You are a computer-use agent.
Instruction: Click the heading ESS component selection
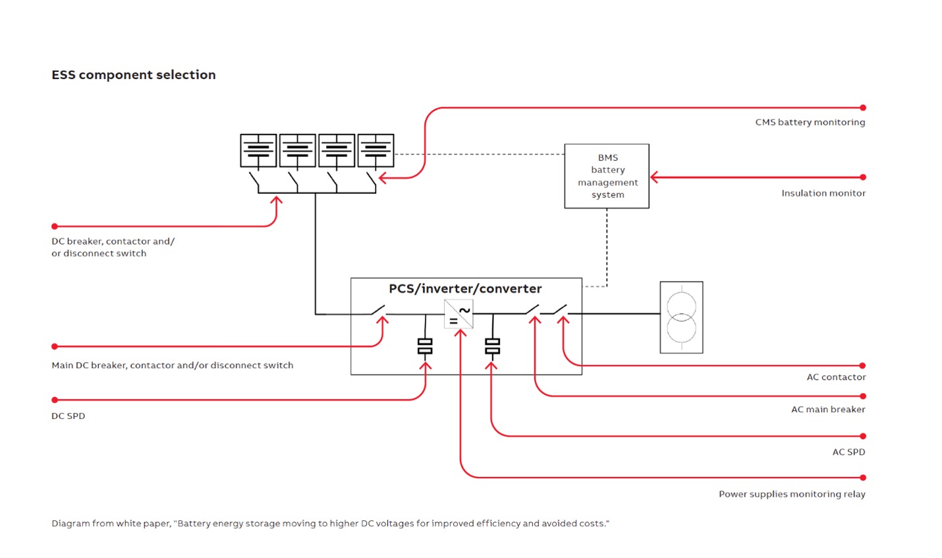tap(134, 75)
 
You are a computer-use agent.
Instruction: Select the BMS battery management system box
tap(607, 176)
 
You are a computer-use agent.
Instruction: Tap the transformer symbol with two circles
tap(681, 317)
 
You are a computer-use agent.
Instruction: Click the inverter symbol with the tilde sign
tap(458, 314)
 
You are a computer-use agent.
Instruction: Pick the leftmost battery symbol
tap(258, 150)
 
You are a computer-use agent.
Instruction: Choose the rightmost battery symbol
tap(375, 150)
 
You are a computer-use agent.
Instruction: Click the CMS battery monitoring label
tap(810, 123)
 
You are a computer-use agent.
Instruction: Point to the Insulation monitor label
tap(823, 193)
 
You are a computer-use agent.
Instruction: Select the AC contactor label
tap(836, 377)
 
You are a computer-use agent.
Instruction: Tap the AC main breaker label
tap(828, 410)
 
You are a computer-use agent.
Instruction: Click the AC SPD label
tap(848, 452)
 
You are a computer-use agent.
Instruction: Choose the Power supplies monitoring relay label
tap(792, 495)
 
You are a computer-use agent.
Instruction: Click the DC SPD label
tap(69, 416)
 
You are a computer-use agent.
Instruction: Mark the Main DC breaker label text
tap(173, 365)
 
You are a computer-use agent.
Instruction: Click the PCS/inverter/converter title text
tap(465, 289)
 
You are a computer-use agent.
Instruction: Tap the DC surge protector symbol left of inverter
tap(425, 346)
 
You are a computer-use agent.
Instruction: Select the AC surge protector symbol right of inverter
tap(492, 346)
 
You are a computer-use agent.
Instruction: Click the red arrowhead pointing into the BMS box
tap(654, 177)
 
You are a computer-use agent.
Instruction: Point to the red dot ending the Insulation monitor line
tap(863, 177)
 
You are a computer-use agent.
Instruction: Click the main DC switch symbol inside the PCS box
tap(377, 310)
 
